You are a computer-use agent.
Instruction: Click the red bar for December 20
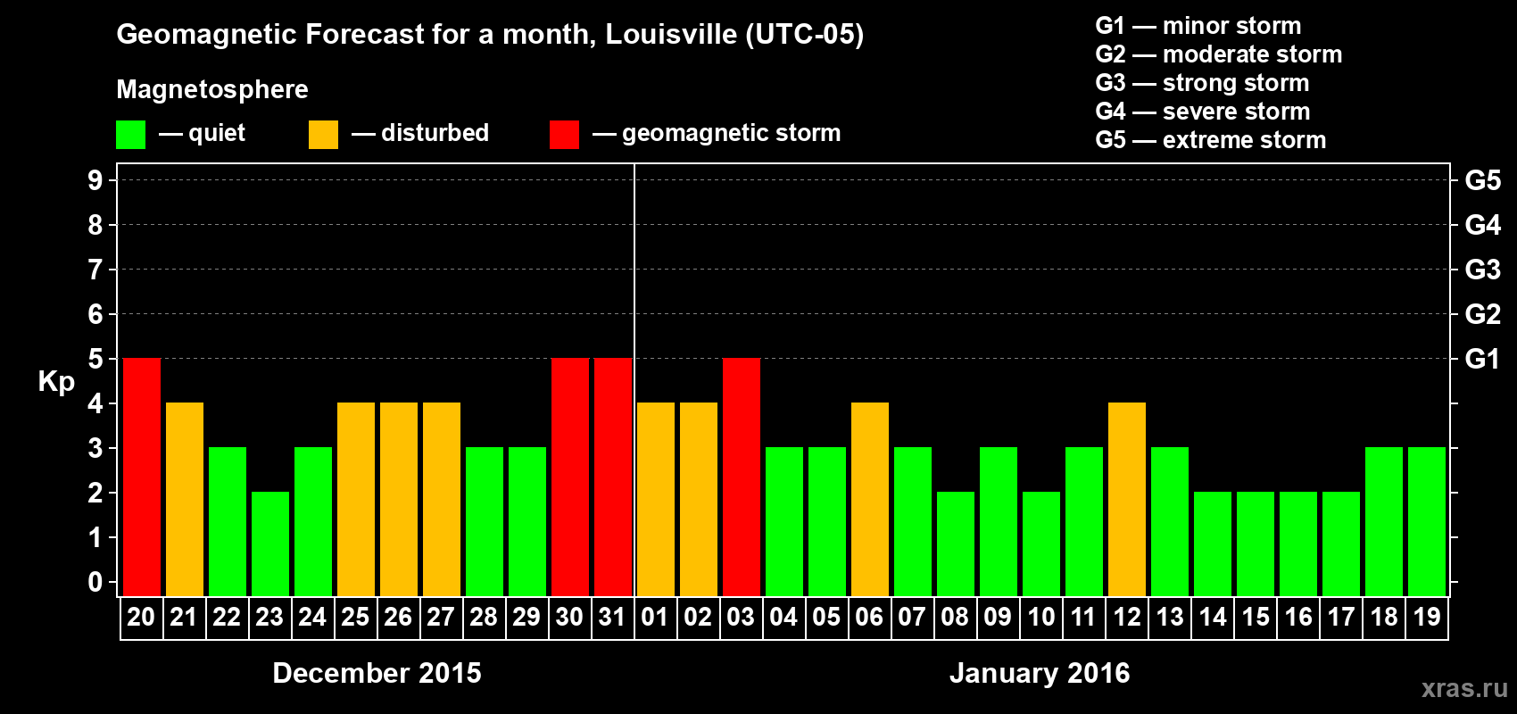pyautogui.click(x=142, y=477)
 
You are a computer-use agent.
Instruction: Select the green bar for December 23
pyautogui.click(x=270, y=544)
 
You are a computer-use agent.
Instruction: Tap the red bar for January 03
pyautogui.click(x=742, y=477)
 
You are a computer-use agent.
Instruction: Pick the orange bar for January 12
pyautogui.click(x=1127, y=499)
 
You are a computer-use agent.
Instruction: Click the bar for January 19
pyautogui.click(x=1427, y=521)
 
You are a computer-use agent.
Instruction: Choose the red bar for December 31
pyautogui.click(x=613, y=477)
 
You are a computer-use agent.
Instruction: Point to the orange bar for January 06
pyautogui.click(x=870, y=499)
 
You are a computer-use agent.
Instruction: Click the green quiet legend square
pyautogui.click(x=130, y=135)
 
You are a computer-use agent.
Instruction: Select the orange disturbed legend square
pyautogui.click(x=323, y=135)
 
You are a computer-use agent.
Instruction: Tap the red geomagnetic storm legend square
pyautogui.click(x=564, y=135)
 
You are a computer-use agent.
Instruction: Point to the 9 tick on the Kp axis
pyautogui.click(x=95, y=180)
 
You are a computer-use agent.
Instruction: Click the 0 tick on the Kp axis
pyautogui.click(x=95, y=583)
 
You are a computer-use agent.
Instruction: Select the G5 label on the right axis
pyautogui.click(x=1482, y=180)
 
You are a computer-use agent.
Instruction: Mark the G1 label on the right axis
pyautogui.click(x=1482, y=359)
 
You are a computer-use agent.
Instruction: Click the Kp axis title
pyautogui.click(x=56, y=382)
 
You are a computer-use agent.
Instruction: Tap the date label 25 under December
pyautogui.click(x=355, y=617)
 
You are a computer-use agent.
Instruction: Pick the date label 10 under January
pyautogui.click(x=1040, y=617)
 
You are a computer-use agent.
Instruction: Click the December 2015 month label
pyautogui.click(x=377, y=673)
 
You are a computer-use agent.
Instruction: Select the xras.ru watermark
pyautogui.click(x=1464, y=688)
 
